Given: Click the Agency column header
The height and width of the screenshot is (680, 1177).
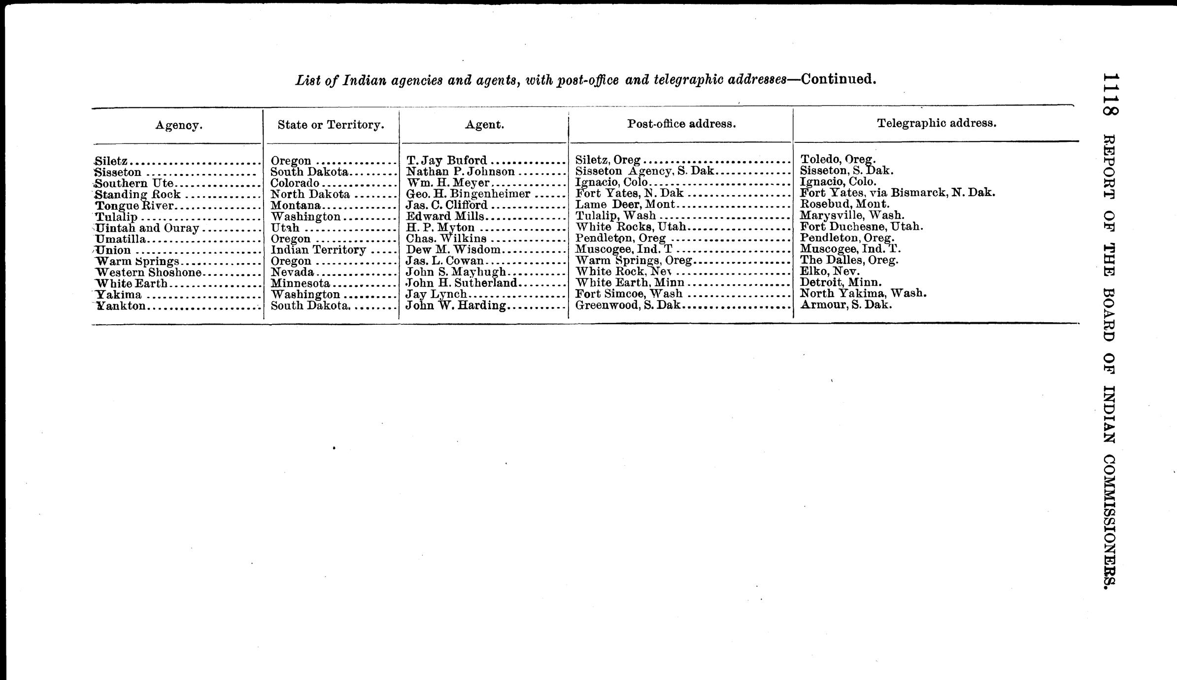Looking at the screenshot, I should [x=179, y=125].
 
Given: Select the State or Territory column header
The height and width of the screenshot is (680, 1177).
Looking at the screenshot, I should [x=331, y=125].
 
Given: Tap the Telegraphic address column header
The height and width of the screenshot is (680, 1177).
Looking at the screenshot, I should [x=937, y=123].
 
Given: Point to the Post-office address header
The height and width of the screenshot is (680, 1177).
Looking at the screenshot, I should [x=681, y=124].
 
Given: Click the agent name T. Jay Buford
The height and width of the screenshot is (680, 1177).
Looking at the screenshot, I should [x=446, y=160].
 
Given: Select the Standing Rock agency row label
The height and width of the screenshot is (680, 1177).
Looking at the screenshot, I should [x=137, y=194].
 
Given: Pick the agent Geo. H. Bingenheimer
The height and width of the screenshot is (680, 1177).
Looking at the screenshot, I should [x=468, y=194].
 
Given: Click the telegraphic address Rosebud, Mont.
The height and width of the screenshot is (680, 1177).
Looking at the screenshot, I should [x=844, y=204].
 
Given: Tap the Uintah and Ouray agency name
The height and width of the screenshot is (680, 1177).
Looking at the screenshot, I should [x=147, y=228].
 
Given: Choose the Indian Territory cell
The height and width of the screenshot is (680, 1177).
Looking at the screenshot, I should [x=318, y=250].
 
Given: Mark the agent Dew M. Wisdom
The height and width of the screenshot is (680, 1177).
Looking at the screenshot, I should [x=453, y=250].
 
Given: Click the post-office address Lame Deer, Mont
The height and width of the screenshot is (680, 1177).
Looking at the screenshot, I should [x=625, y=204].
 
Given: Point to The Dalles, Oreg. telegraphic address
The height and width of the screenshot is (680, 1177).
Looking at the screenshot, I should [x=849, y=260].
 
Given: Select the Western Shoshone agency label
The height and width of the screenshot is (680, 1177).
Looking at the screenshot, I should [x=148, y=272].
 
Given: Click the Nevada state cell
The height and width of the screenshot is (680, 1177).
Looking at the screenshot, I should [x=292, y=272].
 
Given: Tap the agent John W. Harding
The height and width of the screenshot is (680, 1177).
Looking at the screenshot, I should [x=456, y=306].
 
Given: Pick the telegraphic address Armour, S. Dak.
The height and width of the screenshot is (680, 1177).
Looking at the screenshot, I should [x=846, y=305].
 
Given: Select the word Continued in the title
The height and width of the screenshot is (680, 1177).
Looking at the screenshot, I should [x=839, y=79].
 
